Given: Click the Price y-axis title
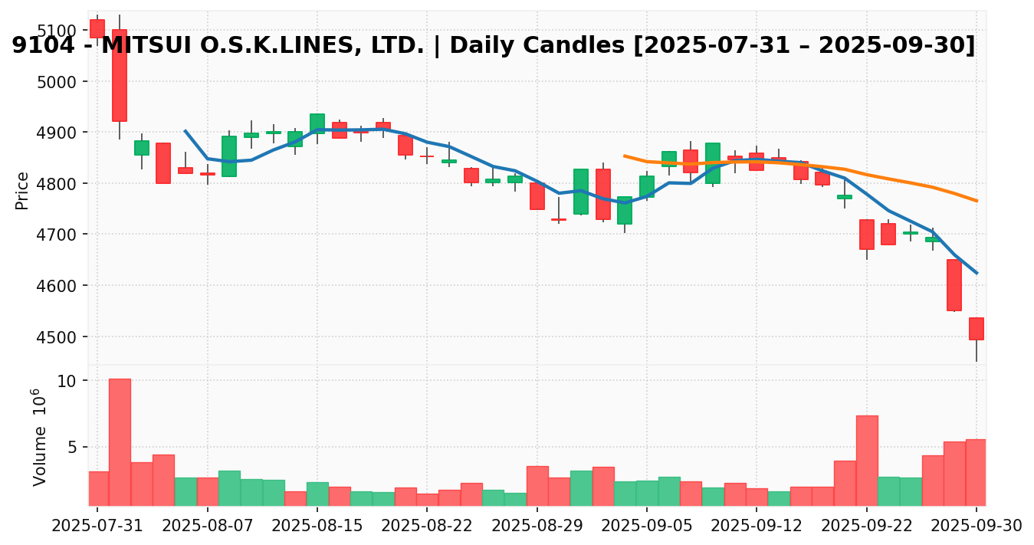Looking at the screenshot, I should (x=22, y=190).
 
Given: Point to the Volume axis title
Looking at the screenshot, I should (x=38, y=437).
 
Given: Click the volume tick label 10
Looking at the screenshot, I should (x=67, y=381).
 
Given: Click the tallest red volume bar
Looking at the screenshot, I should (x=120, y=442).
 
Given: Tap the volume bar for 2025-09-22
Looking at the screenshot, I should (x=866, y=460).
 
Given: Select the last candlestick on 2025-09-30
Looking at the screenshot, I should (x=976, y=329).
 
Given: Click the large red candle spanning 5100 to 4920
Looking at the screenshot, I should (x=120, y=75).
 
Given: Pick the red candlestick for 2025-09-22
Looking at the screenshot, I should (x=866, y=235).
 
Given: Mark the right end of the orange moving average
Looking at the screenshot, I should (x=976, y=201).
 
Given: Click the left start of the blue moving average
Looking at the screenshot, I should (x=185, y=131).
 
